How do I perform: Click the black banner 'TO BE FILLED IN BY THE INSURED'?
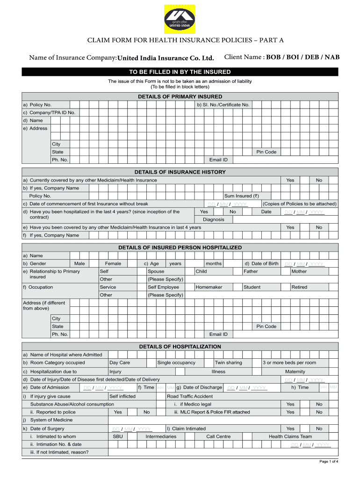pos(180,72)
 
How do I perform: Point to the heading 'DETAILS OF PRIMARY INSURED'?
pos(180,96)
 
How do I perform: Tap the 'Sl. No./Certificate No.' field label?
pos(223,105)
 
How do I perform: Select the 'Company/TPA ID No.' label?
pos(49,113)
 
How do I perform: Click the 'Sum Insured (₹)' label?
pos(241,196)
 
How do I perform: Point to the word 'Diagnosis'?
pos(213,219)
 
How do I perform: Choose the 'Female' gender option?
pos(113,264)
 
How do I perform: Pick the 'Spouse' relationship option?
pos(156,271)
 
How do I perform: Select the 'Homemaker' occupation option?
pos(209,287)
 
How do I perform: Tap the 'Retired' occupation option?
pos(299,287)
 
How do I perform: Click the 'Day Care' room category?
pos(120,363)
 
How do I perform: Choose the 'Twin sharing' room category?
pos(228,363)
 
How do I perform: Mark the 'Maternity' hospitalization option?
pos(295,371)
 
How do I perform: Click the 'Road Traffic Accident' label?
pos(190,396)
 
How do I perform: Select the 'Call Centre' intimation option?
pos(218,436)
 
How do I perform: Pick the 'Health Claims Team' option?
pos(290,436)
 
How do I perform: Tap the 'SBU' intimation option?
pos(118,436)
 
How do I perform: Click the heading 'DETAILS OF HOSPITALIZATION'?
pos(180,347)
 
